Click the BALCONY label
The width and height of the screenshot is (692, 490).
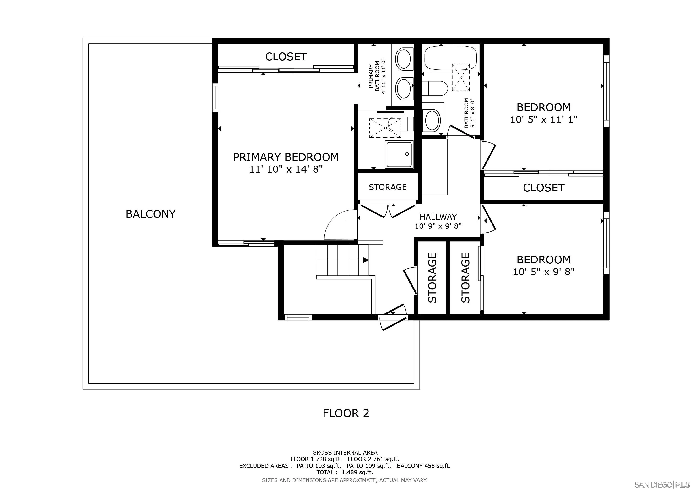[x=150, y=214]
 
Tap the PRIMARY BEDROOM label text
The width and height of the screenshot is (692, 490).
[x=286, y=157]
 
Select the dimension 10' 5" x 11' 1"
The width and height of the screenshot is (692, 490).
[x=543, y=119]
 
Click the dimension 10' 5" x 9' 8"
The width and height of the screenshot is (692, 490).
[x=543, y=272]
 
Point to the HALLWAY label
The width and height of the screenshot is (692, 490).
[x=438, y=217]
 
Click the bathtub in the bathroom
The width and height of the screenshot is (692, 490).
[x=450, y=58]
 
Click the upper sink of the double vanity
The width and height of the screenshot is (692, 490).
[x=403, y=59]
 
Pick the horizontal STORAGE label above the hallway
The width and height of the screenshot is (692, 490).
[x=388, y=187]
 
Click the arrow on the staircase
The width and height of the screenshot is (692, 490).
[x=366, y=260]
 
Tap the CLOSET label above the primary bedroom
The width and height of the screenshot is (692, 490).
[x=286, y=56]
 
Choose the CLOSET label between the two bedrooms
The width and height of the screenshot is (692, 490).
[x=543, y=188]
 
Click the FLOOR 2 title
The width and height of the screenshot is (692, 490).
[x=346, y=413]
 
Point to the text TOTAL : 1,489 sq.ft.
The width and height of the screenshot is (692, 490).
[x=345, y=472]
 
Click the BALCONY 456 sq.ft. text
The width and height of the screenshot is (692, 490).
[x=423, y=466]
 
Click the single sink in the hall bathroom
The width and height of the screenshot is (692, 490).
[x=432, y=120]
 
